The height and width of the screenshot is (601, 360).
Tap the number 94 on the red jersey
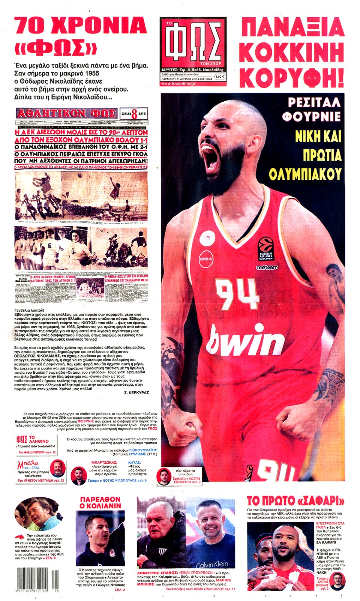click(237, 293)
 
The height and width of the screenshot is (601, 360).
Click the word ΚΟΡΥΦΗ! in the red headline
click(292, 77)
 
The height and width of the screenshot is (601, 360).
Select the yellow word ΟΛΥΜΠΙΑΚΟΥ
click(305, 174)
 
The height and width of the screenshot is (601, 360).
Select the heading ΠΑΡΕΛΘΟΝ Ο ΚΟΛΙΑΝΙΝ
click(100, 502)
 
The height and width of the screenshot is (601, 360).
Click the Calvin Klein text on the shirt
click(212, 564)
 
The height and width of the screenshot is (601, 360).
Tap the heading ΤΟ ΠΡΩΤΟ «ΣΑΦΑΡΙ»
click(295, 500)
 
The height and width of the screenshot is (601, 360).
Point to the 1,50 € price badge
click(220, 76)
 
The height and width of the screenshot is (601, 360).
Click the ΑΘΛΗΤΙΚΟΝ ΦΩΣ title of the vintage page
click(67, 113)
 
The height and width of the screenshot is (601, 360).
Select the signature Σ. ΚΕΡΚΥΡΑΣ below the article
click(136, 392)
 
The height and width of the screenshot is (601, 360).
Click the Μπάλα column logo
click(28, 466)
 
